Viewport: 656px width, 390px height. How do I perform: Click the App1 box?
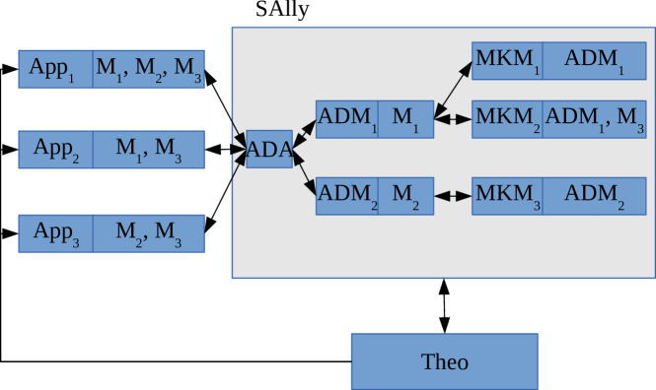point(55,69)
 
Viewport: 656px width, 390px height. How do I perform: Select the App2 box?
point(55,150)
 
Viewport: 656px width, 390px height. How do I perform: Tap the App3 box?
point(55,233)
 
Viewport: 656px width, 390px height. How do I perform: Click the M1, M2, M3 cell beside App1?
point(149,69)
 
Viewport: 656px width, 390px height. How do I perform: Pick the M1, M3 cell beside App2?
point(149,150)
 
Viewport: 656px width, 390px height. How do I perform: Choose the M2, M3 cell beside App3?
point(149,233)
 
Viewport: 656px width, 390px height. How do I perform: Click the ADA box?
point(269,150)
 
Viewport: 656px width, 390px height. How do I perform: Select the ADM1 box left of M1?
point(346,119)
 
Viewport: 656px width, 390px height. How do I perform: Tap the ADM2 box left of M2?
point(346,195)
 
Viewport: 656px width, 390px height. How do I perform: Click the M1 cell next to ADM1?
point(405,119)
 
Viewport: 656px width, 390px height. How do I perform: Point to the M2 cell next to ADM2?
point(405,195)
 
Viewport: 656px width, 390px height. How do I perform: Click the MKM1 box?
point(507,61)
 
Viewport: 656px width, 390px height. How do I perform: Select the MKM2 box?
point(507,119)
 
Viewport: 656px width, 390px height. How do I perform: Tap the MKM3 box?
point(507,195)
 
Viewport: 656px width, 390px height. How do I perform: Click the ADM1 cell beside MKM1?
point(594,61)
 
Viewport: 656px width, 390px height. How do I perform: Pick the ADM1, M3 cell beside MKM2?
point(594,119)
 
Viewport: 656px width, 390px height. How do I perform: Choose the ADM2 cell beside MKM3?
point(594,195)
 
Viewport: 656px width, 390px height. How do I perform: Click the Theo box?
point(444,361)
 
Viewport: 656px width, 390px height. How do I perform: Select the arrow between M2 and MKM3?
point(453,195)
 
